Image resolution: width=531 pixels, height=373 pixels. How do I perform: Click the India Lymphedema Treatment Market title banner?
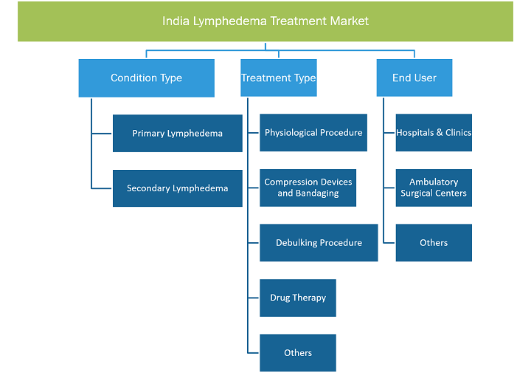(265, 21)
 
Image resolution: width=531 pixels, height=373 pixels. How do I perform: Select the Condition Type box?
(146, 78)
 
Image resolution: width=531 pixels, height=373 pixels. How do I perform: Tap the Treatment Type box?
(279, 78)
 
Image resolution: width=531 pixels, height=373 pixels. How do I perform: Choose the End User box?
(414, 78)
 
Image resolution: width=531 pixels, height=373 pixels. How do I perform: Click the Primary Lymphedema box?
(178, 133)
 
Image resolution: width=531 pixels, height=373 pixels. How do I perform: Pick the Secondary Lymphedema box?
(178, 188)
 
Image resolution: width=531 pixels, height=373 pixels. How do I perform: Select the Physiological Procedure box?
(313, 133)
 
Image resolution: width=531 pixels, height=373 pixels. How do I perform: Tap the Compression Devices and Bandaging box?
(308, 188)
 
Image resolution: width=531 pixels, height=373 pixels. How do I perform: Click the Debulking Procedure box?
(319, 242)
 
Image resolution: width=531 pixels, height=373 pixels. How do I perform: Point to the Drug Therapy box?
(298, 298)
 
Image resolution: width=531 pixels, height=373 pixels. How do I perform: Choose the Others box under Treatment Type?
(298, 352)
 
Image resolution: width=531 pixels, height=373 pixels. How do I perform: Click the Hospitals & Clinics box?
(434, 133)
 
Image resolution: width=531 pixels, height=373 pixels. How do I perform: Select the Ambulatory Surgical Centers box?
(434, 188)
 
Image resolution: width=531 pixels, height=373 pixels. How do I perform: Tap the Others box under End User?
(434, 242)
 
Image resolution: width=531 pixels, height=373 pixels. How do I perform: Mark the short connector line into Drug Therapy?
(253, 298)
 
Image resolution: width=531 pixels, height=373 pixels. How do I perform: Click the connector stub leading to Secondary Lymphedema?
(101, 188)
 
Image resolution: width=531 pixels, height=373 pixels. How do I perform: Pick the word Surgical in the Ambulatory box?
(417, 194)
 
